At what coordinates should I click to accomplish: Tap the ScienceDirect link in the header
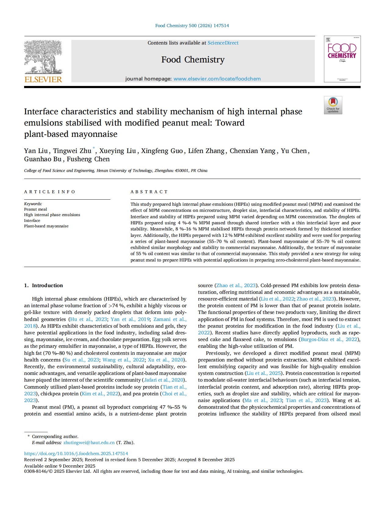223,43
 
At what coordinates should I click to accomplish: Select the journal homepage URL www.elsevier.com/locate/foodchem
217,79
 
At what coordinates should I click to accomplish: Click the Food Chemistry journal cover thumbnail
342,59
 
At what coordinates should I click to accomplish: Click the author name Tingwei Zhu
72,151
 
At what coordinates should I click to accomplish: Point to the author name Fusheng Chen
88,159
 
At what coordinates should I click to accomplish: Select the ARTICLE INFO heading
49,192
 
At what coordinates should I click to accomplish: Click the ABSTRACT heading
149,192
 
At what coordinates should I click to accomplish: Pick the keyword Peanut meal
35,209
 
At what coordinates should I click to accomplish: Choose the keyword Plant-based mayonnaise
46,226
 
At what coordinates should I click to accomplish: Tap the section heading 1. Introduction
43,286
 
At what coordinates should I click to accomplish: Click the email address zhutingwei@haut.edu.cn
89,443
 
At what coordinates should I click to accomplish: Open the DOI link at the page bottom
76,454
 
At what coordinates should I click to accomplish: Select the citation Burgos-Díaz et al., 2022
329,340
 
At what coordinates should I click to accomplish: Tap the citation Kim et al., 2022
100,394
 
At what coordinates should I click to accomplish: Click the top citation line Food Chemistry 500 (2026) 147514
192,26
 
